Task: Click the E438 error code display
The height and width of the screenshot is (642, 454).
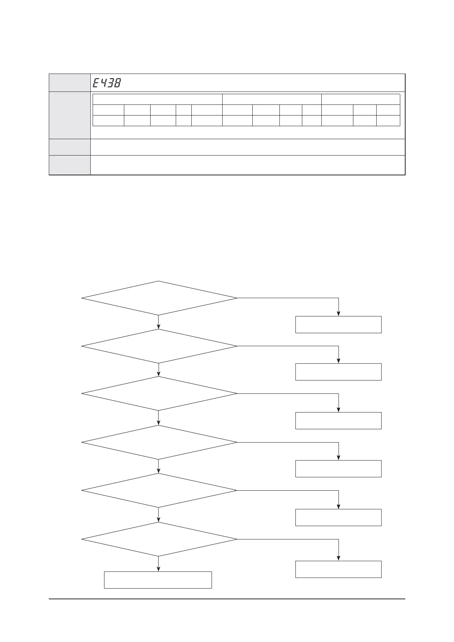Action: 107,83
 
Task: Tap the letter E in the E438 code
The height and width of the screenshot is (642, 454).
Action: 96,83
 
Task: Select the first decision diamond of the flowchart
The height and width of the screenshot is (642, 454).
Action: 159,298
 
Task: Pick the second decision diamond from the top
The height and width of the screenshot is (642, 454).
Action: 159,346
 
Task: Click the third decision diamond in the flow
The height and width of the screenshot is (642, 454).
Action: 159,393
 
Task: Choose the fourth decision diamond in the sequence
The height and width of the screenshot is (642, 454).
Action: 159,442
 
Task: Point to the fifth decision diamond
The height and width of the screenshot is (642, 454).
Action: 159,490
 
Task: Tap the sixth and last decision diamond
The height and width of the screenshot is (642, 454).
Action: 159,539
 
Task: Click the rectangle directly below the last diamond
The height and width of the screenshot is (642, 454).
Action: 158,580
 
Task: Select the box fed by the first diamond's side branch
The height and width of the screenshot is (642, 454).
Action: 338,324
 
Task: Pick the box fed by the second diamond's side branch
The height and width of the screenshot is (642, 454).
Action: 338,372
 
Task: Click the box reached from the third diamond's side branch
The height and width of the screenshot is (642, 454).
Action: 338,421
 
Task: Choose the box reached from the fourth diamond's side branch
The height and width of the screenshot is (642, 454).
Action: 338,469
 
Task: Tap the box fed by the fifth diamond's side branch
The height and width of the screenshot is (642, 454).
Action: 338,517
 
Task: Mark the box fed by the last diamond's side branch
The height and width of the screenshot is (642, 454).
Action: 338,569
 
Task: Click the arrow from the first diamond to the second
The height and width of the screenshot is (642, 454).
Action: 159,322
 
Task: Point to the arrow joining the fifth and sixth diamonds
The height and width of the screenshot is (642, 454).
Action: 159,515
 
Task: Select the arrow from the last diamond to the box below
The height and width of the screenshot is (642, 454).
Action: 159,564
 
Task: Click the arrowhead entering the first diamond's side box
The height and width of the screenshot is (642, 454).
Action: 338,313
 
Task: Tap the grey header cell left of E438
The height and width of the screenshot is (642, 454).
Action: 69,83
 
